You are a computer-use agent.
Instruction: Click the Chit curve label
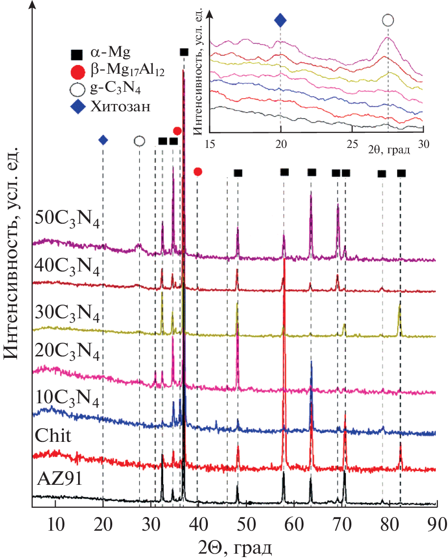coord(54,435)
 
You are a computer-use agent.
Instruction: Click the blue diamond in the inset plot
coord(280,21)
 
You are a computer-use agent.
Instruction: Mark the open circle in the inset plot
coord(387,21)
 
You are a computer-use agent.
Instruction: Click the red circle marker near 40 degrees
coord(198,171)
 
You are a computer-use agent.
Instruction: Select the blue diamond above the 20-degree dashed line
coord(103,141)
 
